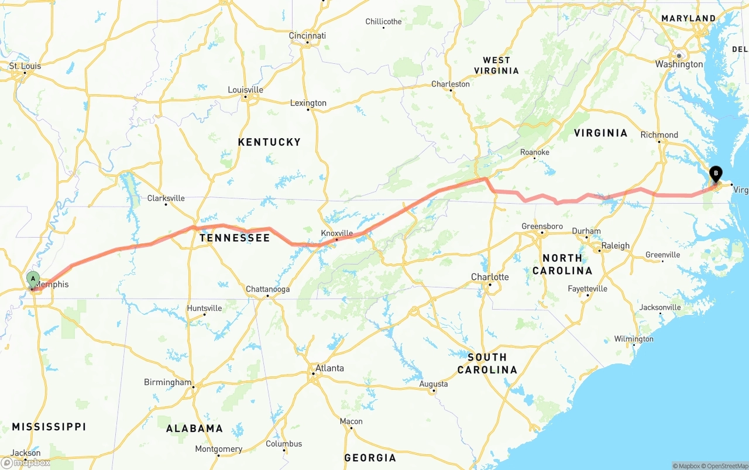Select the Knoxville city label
tap(337, 233)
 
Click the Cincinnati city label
tap(307, 36)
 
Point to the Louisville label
tap(245, 90)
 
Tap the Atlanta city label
tap(329, 368)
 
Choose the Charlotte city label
tap(490, 277)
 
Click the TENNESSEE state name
tap(235, 238)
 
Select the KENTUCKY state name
tap(269, 142)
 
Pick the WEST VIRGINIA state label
tap(500, 65)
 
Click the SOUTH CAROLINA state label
tap(487, 363)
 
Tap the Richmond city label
tap(659, 135)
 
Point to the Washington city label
tap(679, 64)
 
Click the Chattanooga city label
tap(267, 289)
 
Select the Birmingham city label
tap(167, 382)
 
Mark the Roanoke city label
tap(535, 152)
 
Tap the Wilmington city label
tap(633, 339)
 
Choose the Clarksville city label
tap(166, 198)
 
